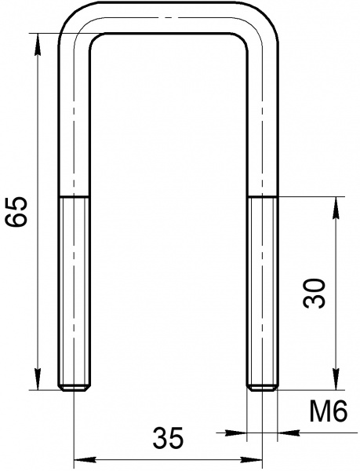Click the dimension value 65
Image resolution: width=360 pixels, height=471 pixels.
[x=17, y=212]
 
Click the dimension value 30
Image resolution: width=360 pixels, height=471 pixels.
[x=314, y=293]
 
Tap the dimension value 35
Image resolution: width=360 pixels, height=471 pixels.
[x=168, y=437]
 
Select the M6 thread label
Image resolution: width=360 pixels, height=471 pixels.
[x=329, y=411]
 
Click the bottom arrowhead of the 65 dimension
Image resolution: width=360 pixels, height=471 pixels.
[x=38, y=379]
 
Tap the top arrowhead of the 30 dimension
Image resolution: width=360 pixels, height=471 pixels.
[x=336, y=208]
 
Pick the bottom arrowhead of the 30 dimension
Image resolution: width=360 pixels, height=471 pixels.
[x=336, y=379]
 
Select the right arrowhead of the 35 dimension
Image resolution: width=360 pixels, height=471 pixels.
[x=251, y=459]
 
